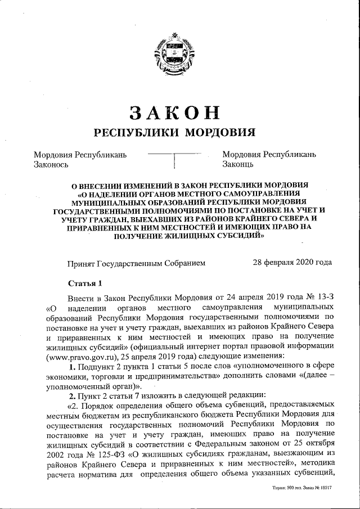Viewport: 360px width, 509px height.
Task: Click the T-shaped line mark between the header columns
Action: pyautogui.click(x=175, y=158)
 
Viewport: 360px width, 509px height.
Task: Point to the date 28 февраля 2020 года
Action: pyautogui.click(x=292, y=262)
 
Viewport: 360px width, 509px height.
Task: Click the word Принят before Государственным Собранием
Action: pyautogui.click(x=81, y=263)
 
